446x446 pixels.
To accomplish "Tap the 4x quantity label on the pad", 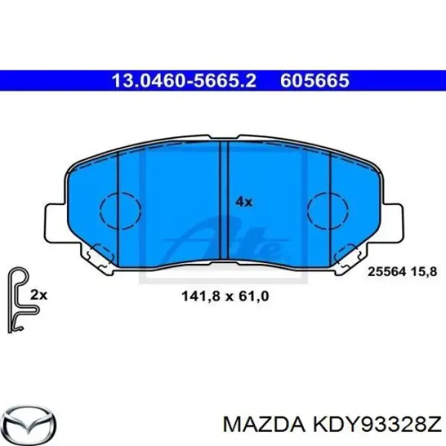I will coord(244,201).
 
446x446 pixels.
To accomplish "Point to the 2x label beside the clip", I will coord(39,295).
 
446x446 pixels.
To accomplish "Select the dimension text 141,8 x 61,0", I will coord(224,296).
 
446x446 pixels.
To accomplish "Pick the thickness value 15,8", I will coord(422,272).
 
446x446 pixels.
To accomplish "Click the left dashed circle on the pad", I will coord(119,209).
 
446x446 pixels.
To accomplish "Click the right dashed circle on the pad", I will coord(328,209).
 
